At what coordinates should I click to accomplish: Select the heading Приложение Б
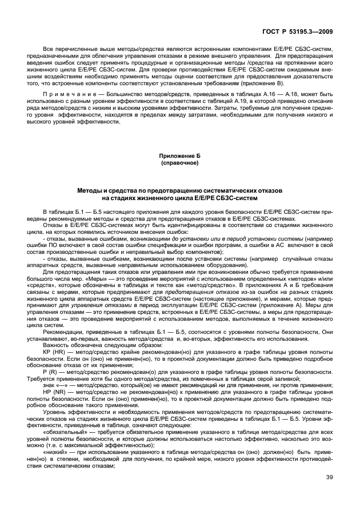tap(180, 156)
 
